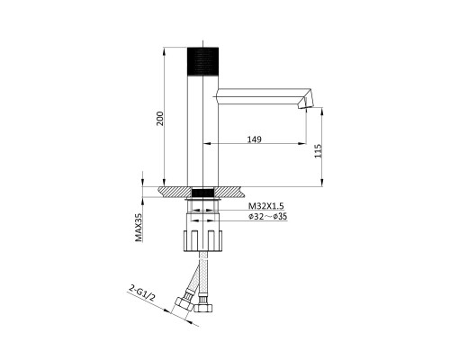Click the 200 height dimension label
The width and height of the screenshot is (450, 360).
click(x=160, y=119)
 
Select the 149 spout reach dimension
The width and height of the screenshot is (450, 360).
click(x=255, y=139)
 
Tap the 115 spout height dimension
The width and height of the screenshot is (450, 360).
click(x=319, y=151)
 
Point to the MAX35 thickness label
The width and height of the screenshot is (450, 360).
click(x=139, y=227)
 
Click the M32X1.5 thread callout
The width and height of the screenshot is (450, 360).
click(x=266, y=206)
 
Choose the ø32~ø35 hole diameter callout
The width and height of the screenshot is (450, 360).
click(x=267, y=216)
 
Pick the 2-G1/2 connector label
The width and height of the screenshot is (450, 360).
click(x=142, y=293)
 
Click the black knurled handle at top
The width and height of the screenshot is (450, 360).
click(x=202, y=61)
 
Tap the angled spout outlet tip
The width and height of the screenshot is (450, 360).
click(x=305, y=104)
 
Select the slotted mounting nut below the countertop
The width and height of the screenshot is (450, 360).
click(x=202, y=240)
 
